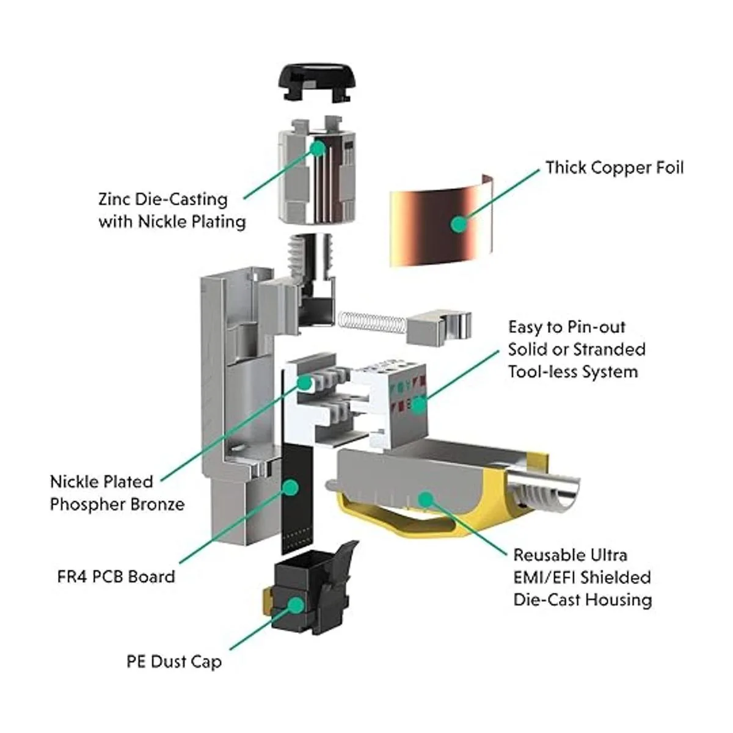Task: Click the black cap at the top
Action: (318, 83)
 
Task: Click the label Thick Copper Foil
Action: (614, 168)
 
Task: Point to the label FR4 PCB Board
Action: (116, 577)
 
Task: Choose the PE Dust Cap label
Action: (174, 662)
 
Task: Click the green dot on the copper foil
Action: (458, 224)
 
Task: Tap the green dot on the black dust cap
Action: (296, 605)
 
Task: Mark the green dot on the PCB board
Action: (291, 487)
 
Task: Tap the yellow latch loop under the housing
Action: (397, 519)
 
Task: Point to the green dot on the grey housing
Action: (421, 499)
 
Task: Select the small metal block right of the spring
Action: (438, 326)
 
